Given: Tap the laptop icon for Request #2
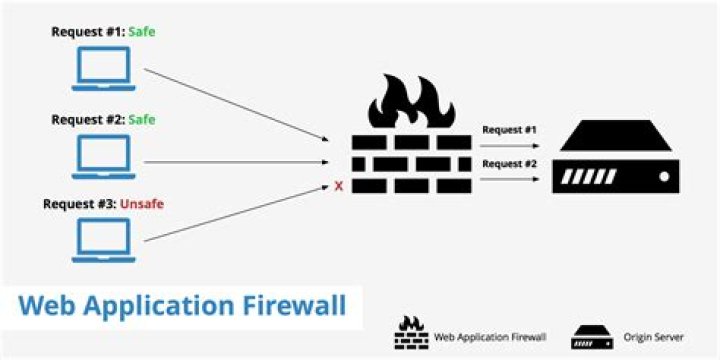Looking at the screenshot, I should pos(104,156).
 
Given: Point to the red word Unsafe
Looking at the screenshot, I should pos(142,204).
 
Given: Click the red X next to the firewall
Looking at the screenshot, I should pos(339,185).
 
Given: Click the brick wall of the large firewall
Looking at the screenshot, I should pos(411,163).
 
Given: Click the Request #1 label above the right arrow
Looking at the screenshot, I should pos(509,130).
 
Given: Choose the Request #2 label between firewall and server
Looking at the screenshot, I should pos(509,163).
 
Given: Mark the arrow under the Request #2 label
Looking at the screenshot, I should pos(509,179).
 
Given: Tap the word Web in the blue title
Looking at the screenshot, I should pos(51,304).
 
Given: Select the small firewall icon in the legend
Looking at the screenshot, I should pos(411,333).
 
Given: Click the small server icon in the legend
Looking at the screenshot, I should pos(591,336).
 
